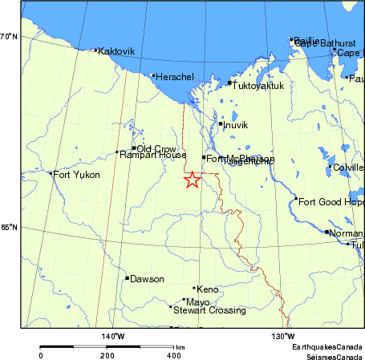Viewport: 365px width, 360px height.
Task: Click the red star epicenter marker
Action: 192,180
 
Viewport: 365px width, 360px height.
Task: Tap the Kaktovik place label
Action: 116,51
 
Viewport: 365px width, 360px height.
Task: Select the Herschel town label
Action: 175,77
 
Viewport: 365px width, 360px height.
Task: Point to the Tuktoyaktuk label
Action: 258,84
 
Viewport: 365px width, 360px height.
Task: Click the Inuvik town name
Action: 237,125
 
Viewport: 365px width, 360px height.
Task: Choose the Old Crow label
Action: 156,148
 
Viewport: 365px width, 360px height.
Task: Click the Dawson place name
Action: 147,279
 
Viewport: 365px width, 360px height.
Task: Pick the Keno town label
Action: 208,289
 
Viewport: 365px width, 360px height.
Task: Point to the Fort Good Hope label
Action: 331,201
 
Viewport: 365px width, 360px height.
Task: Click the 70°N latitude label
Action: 10,37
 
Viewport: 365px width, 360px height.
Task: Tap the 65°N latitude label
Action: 10,228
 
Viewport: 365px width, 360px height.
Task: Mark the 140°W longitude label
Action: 112,337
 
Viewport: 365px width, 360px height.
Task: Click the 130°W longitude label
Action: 282,337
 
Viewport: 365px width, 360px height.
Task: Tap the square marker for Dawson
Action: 127,278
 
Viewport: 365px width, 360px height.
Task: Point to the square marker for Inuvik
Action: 220,123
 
